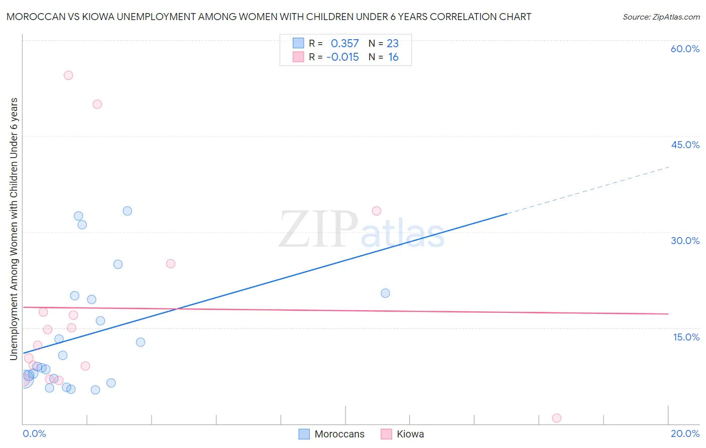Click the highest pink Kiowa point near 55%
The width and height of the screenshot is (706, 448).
point(68,75)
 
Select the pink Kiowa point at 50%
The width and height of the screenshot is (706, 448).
point(97,104)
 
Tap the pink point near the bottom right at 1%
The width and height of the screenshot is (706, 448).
point(556,418)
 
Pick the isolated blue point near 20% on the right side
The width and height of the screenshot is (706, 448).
point(385,293)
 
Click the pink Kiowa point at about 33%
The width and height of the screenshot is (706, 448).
point(377,211)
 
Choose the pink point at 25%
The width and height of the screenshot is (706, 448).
point(171,264)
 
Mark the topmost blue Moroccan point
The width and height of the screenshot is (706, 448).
point(128,211)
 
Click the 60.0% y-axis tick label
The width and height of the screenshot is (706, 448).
point(685,49)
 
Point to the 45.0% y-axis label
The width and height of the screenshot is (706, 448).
point(685,145)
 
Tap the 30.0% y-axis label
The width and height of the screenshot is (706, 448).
point(685,241)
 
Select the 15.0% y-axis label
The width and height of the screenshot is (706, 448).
point(686,337)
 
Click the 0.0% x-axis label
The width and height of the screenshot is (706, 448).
point(34,433)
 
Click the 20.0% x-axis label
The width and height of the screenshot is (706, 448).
point(685,433)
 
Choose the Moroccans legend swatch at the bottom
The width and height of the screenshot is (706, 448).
point(304,434)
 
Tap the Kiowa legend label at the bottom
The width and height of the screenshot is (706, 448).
point(410,434)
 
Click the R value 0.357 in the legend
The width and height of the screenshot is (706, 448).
point(344,44)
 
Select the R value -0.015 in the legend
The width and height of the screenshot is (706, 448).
point(342,57)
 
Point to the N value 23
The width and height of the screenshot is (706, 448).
point(393,44)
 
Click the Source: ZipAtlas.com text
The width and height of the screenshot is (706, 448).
point(661,17)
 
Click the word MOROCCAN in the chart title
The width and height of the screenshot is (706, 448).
point(35,17)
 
